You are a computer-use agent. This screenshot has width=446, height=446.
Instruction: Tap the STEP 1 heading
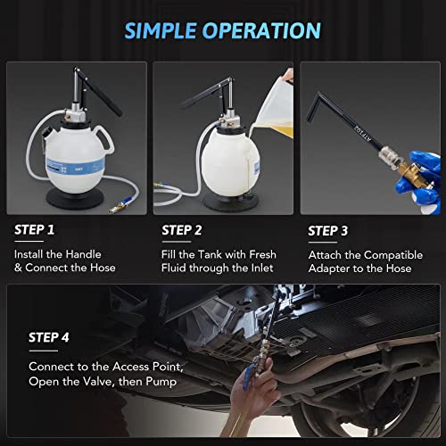point(35,229)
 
